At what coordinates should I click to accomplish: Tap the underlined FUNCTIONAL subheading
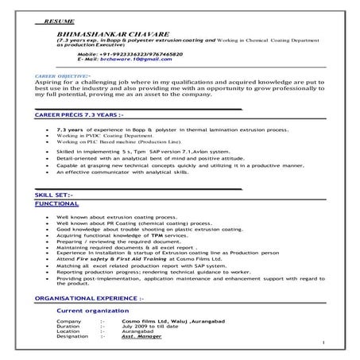pyautogui.click(x=57, y=203)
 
